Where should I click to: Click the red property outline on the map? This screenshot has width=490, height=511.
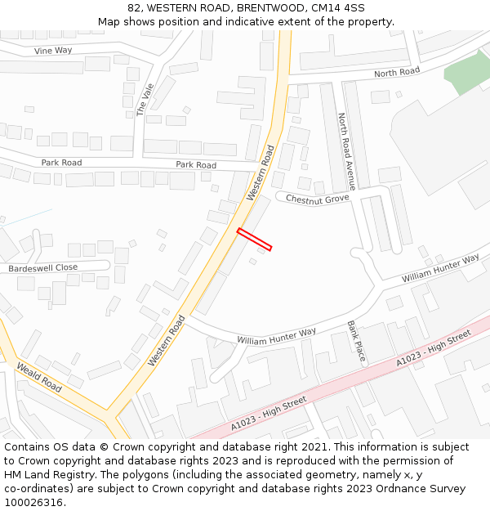[x=254, y=239]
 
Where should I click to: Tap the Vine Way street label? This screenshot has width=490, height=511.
[x=53, y=51]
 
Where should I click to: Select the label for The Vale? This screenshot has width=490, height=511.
[x=145, y=99]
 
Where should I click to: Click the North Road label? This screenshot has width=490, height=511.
[x=397, y=73]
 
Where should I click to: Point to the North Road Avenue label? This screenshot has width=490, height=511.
[x=346, y=151]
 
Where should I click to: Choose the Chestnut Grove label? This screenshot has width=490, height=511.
[x=317, y=199]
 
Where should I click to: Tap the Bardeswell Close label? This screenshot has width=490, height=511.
[x=43, y=267]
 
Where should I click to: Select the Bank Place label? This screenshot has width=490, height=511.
[x=356, y=341]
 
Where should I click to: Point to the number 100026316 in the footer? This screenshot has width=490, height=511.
[x=35, y=502]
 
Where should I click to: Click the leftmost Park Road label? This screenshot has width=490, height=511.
[x=61, y=163]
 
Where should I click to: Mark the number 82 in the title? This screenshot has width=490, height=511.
[x=134, y=8]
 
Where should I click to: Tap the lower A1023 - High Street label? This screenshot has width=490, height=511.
[x=268, y=413]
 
